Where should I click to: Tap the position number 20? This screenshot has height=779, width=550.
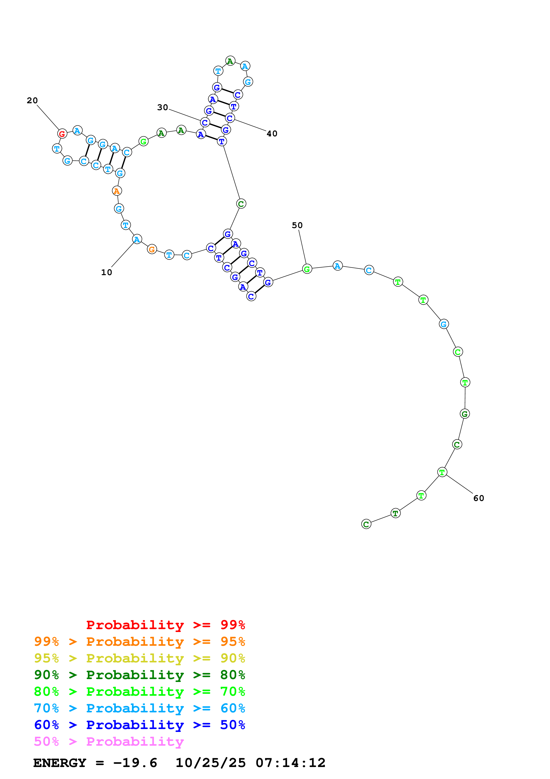click(32, 100)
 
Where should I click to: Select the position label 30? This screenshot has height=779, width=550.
click(162, 107)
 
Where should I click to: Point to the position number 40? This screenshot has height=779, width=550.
click(272, 134)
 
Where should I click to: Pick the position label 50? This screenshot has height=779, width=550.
click(297, 225)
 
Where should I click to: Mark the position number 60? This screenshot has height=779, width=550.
click(479, 498)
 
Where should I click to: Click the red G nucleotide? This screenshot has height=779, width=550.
click(62, 134)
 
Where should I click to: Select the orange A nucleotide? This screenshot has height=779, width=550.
click(117, 191)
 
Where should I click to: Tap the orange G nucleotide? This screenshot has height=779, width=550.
click(152, 249)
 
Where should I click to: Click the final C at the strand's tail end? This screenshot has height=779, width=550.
click(366, 524)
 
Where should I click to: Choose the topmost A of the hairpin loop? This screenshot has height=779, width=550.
click(230, 61)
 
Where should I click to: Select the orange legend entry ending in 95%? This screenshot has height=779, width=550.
click(140, 642)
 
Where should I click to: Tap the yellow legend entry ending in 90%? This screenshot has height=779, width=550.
click(140, 658)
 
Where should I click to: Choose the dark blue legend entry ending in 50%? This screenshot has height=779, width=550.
click(140, 725)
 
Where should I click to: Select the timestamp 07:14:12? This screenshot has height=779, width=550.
click(290, 763)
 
